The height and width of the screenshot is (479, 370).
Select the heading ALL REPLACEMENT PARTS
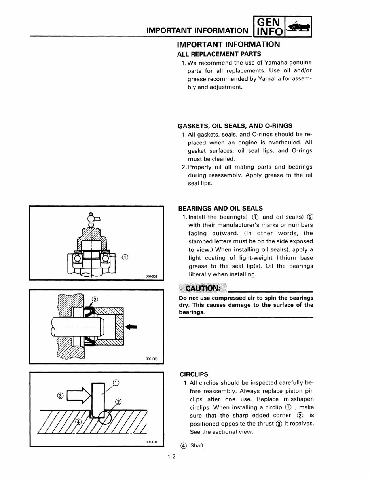tap(219, 54)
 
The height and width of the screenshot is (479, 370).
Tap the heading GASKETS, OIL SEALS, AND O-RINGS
tap(235, 126)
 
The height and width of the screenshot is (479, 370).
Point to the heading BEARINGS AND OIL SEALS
tap(220, 208)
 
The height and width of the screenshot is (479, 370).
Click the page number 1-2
tap(171, 456)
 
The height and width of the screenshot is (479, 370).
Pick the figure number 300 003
tap(152, 359)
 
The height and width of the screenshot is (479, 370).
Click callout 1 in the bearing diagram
tap(125, 258)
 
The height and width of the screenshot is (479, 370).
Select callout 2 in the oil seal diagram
tap(95, 299)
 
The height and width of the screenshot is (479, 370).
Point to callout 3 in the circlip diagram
tap(60, 396)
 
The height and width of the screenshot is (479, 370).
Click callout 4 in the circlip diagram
tap(78, 422)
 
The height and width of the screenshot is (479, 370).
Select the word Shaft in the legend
tap(197, 445)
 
